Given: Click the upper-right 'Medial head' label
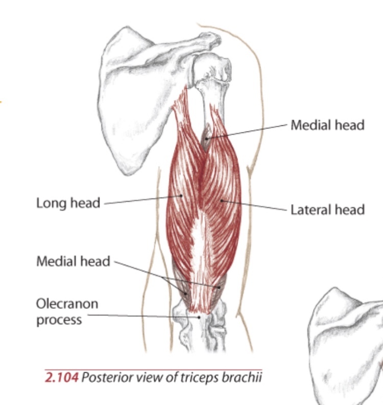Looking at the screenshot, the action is (x=327, y=125).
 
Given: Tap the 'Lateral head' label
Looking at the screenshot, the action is (x=327, y=210).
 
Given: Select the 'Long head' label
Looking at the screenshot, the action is (x=68, y=203).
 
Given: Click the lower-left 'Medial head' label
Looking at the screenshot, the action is (x=73, y=261).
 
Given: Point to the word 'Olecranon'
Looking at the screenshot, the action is (x=67, y=304).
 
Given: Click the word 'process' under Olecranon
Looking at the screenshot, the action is (x=59, y=320).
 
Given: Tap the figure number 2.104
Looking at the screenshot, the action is (x=62, y=378).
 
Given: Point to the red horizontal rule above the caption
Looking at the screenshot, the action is (x=153, y=369).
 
